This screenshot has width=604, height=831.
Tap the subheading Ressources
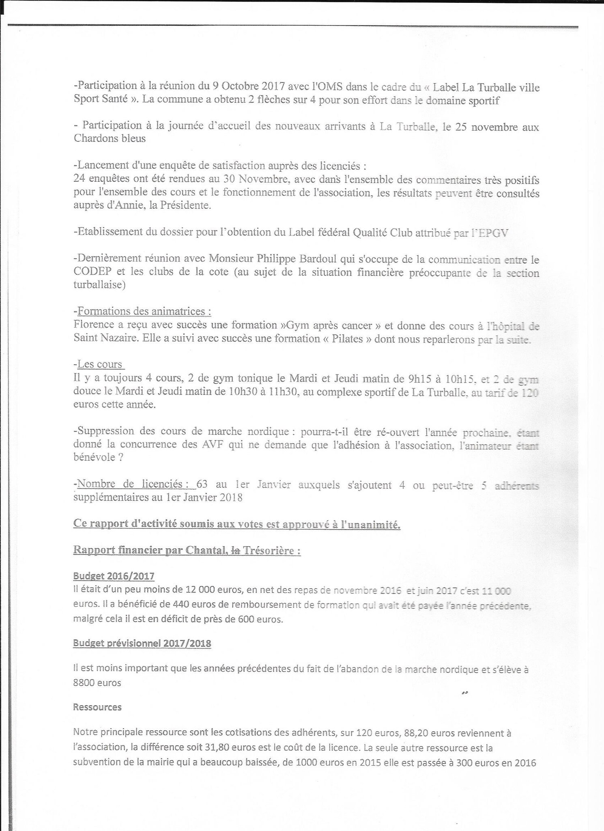point(97,707)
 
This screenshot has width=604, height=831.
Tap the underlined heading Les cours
point(100,364)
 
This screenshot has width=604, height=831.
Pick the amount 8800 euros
point(97,682)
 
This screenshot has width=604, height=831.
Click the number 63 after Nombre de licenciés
point(202,484)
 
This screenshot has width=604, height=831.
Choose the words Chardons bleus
point(109,138)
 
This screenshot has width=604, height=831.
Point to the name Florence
point(93,325)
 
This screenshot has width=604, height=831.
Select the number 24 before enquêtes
point(80,180)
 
